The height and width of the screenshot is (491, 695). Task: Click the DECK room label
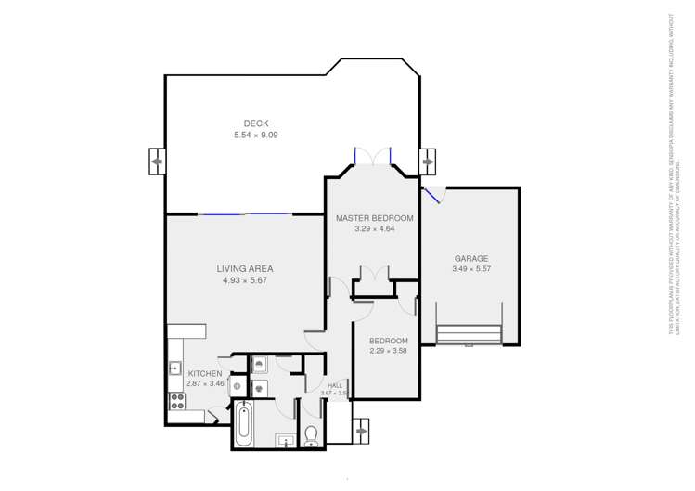(256, 123)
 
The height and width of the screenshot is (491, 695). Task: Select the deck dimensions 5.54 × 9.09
(256, 136)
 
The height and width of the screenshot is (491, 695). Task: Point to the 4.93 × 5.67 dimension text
(245, 280)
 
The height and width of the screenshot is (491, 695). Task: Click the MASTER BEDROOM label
(375, 217)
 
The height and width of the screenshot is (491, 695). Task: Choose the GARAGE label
(470, 258)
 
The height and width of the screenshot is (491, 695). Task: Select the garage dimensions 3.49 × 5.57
(470, 270)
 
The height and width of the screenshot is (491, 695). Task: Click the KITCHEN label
(205, 373)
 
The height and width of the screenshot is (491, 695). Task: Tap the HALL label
(334, 384)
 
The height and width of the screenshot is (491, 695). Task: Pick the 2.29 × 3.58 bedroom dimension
(388, 351)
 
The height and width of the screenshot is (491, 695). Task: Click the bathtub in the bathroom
(243, 424)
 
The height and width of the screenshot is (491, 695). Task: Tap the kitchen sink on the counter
(174, 368)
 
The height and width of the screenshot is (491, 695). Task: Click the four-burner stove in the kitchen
(174, 402)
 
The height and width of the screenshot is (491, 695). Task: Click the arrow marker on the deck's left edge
(156, 162)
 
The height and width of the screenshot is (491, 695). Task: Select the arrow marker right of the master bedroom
(428, 162)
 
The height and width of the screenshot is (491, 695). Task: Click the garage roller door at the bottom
(469, 333)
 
